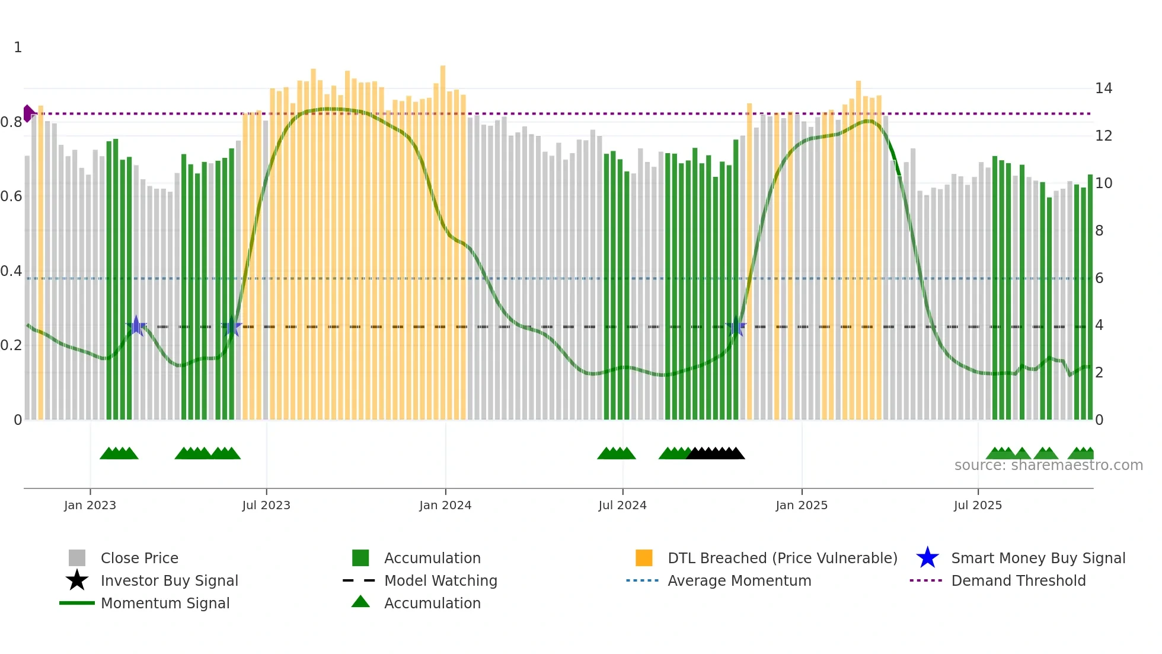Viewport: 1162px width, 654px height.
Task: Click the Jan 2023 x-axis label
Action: click(x=90, y=505)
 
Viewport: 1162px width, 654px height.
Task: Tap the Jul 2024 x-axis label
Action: click(x=622, y=505)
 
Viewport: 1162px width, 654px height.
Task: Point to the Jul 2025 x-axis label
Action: click(x=978, y=505)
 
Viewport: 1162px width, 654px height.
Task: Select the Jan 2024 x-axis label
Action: click(x=445, y=505)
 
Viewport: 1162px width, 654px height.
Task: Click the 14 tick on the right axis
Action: click(x=1103, y=88)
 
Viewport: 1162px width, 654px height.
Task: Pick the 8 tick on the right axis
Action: click(x=1099, y=231)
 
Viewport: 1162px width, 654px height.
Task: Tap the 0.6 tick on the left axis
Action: click(x=11, y=196)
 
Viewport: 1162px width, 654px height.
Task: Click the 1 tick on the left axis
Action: click(x=18, y=47)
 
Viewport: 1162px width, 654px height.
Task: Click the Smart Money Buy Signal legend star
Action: click(x=927, y=558)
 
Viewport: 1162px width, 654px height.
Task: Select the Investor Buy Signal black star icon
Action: click(x=77, y=580)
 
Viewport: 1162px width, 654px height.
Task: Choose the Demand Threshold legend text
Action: click(x=1018, y=580)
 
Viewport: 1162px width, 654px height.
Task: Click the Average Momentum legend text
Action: click(x=739, y=580)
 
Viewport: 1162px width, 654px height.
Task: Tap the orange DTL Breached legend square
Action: click(x=644, y=558)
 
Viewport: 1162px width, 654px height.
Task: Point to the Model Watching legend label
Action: click(x=440, y=580)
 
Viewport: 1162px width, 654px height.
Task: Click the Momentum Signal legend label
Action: click(x=165, y=603)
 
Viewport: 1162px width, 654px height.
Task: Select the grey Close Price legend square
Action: click(x=77, y=558)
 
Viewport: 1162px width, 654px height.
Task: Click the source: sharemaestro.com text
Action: click(x=1048, y=465)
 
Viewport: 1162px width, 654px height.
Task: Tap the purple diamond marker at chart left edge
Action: click(x=28, y=113)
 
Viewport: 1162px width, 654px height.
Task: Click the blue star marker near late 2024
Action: click(x=736, y=326)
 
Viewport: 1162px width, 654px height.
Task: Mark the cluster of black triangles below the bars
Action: click(x=716, y=453)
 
